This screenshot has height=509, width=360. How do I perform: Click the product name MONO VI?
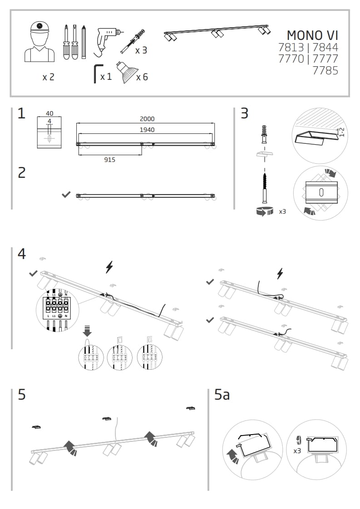[312, 35]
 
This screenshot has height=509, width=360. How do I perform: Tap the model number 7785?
[325, 70]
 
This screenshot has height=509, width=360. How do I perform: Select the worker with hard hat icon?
[39, 42]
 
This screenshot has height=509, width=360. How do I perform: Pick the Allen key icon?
[96, 73]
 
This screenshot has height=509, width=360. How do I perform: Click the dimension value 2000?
[147, 119]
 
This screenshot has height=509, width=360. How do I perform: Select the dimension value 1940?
[147, 130]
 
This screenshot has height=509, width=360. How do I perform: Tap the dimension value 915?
[109, 160]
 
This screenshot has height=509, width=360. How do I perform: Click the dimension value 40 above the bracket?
[49, 114]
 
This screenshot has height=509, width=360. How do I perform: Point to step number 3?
[245, 113]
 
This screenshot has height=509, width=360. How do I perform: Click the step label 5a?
[222, 395]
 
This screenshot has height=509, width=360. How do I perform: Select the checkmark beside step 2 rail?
[66, 194]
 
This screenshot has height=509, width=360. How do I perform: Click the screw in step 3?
[263, 187]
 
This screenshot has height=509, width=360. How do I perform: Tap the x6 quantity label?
[142, 77]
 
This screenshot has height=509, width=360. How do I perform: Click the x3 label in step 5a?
[297, 451]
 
